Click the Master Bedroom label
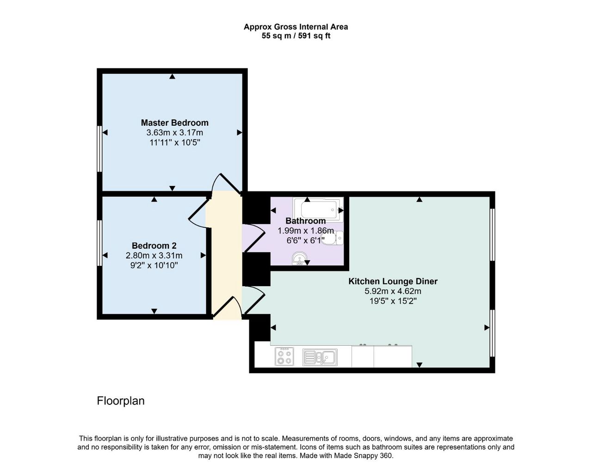(x=175, y=122)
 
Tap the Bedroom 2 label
(x=154, y=245)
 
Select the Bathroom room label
(x=306, y=221)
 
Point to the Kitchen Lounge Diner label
(x=393, y=281)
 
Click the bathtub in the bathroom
(x=319, y=210)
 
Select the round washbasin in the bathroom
(x=300, y=258)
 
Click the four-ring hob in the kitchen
(x=284, y=357)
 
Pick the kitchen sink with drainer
(x=320, y=357)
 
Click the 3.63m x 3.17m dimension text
(x=175, y=133)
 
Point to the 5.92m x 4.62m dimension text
(x=393, y=291)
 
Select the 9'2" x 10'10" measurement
(x=154, y=266)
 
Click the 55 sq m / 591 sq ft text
(x=296, y=36)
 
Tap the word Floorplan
(x=121, y=401)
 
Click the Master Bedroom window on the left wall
(x=99, y=149)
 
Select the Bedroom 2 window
(x=99, y=243)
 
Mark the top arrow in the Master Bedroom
(x=172, y=77)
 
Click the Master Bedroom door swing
(x=227, y=184)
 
